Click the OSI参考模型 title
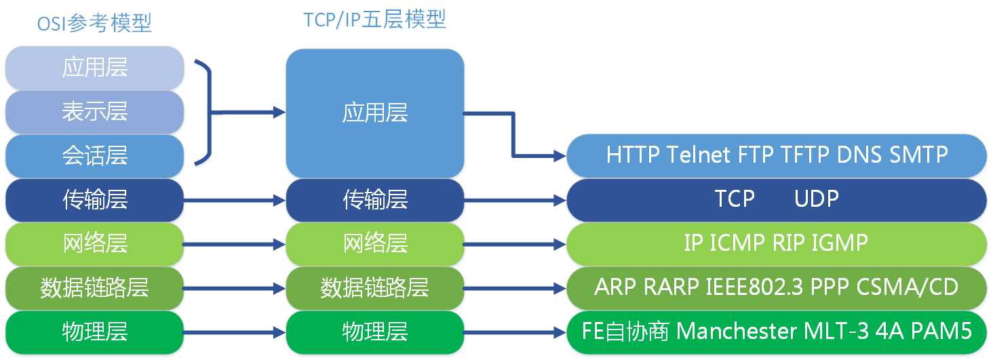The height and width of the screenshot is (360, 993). click(94, 24)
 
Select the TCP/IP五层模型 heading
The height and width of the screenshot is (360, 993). click(374, 20)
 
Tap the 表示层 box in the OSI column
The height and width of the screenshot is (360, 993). click(94, 112)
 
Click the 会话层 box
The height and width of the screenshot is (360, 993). click(94, 156)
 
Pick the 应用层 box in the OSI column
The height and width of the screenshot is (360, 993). click(94, 68)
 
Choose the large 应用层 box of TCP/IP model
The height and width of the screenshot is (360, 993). click(374, 113)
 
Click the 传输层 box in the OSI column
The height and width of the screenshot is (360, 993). click(94, 199)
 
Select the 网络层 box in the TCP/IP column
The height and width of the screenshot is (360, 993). click(374, 243)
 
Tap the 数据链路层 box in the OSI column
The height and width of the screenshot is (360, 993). click(94, 287)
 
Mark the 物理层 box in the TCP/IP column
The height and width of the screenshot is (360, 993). click(374, 332)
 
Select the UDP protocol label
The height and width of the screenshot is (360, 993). click(816, 199)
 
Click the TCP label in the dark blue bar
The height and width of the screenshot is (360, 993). click(735, 199)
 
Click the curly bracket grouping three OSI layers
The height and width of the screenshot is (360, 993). click(206, 113)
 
